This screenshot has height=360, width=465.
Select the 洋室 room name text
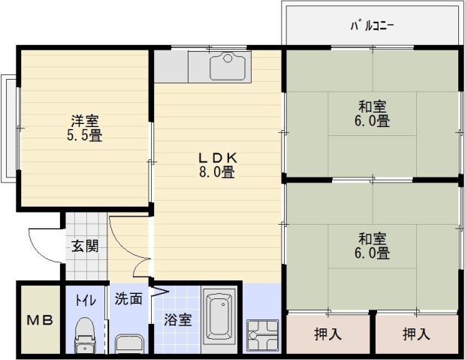click(x=85, y=121)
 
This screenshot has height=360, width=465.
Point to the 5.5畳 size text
click(x=85, y=135)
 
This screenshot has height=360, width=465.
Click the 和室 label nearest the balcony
click(x=373, y=106)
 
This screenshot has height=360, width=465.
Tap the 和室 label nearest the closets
click(x=373, y=239)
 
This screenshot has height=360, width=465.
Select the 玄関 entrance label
click(x=85, y=245)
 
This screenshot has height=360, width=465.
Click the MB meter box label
click(x=41, y=320)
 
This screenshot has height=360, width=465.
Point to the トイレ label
click(x=84, y=299)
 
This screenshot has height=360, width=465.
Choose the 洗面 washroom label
click(x=128, y=298)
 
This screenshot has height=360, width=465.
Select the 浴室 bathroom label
click(x=178, y=319)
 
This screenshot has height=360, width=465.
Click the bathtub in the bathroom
click(x=221, y=316)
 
